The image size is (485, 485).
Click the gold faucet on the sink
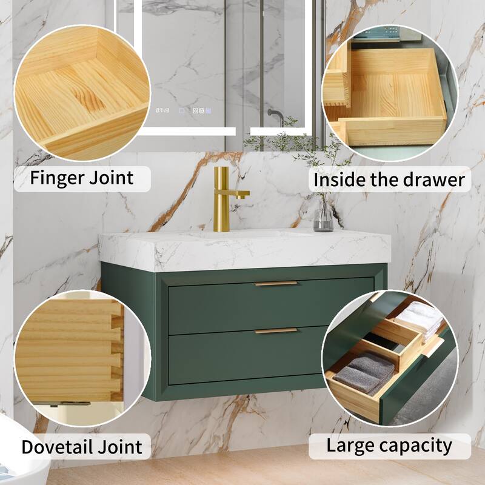222,200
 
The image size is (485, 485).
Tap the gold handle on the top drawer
276,283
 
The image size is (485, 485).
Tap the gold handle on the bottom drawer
276,330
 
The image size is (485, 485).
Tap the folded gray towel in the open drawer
364,373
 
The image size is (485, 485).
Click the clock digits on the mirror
162,111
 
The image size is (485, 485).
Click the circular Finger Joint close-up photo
82,91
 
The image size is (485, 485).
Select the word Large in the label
349,446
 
